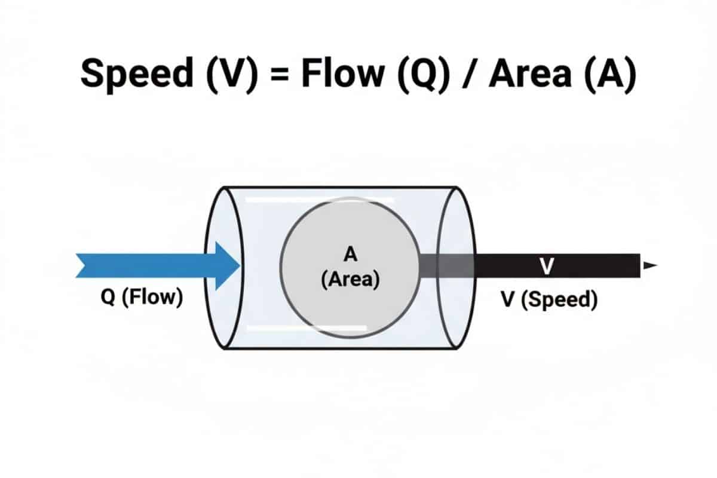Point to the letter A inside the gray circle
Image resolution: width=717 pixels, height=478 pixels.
pyautogui.click(x=350, y=255)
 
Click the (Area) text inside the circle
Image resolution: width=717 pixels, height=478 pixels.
pyautogui.click(x=350, y=279)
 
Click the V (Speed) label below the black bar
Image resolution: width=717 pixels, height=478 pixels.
pyautogui.click(x=549, y=299)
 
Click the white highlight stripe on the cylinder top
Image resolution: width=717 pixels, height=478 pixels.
pyautogui.click(x=320, y=200)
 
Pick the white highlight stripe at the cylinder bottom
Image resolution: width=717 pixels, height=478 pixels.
pyautogui.click(x=306, y=328)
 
